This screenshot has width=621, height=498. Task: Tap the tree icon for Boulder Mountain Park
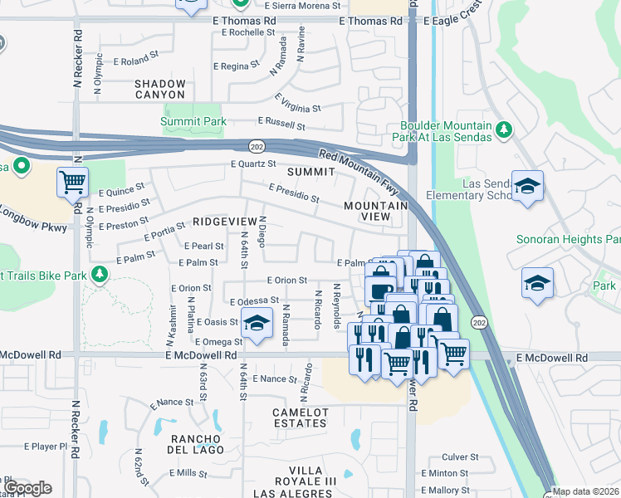click(502, 129)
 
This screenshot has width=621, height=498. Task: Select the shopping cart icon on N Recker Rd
click(72, 182)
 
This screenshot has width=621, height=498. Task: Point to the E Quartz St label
click(253, 164)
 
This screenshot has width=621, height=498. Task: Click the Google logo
click(27, 487)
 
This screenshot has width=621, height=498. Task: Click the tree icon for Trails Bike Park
click(100, 273)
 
